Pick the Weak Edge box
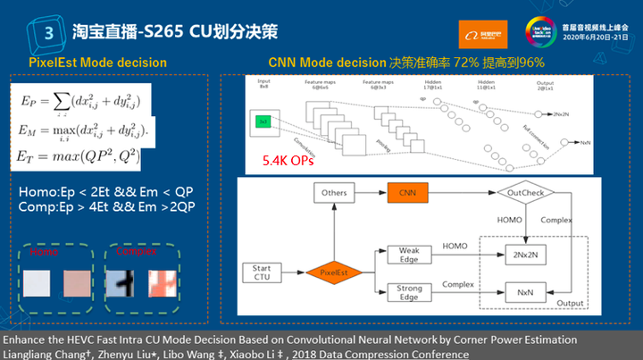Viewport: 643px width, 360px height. point(410,254)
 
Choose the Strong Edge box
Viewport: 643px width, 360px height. point(410,290)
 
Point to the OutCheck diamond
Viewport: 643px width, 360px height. point(526,192)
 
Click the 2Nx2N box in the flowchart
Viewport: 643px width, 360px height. point(527,254)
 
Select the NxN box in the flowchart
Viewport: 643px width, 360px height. point(527,291)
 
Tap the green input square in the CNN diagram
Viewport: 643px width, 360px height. point(263,120)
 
